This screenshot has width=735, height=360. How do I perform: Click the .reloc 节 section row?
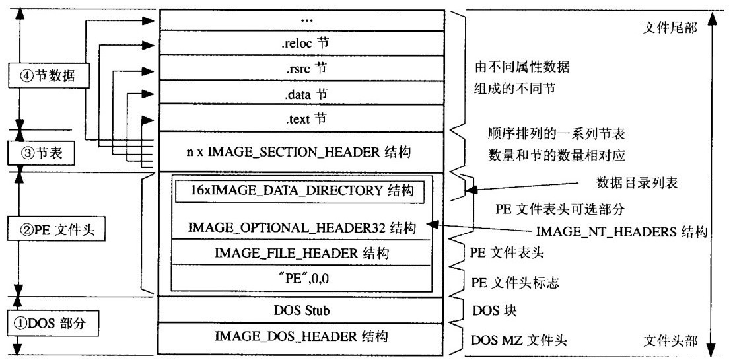pos(301,43)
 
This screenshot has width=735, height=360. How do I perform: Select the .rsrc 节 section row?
pos(301,69)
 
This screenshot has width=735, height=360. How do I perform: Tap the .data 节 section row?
pos(301,93)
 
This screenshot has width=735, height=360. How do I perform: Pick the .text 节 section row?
pos(301,119)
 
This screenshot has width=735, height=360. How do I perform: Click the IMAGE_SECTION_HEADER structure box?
pos(301,152)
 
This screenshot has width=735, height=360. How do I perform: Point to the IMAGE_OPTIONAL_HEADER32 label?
pos(302,228)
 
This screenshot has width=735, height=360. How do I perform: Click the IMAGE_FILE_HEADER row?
pos(301,252)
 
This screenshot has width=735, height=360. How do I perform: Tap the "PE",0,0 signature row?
pos(301,279)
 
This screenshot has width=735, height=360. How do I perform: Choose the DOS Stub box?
pos(301,310)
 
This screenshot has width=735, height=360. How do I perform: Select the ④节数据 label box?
pos(49,75)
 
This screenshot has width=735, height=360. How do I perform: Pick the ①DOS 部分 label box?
pos(53,324)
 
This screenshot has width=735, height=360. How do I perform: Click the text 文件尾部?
pos(670,28)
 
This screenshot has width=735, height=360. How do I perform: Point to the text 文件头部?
pos(670,340)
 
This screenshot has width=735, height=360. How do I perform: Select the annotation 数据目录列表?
pos(637,183)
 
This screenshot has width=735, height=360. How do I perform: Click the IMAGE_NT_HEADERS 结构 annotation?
pos(621,231)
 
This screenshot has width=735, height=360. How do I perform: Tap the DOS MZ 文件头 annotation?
pos(519,340)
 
